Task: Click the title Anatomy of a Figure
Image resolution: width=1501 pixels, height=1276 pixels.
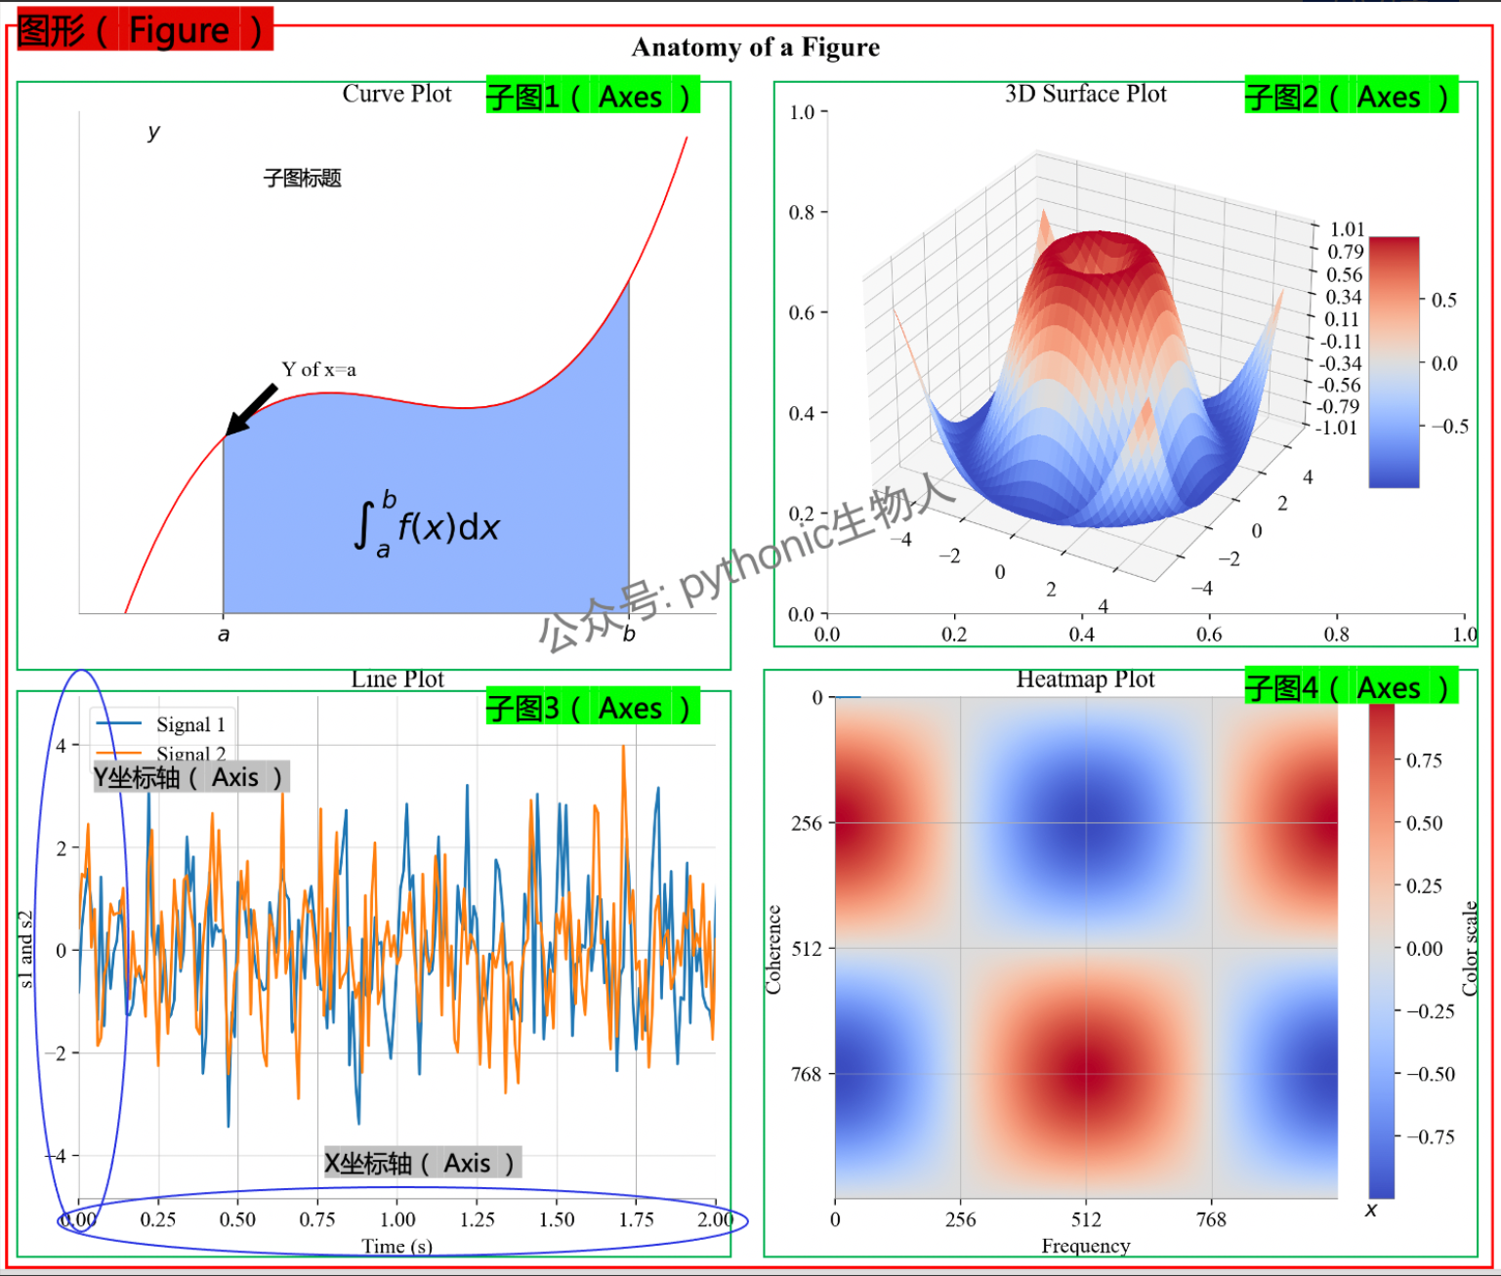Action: pyautogui.click(x=755, y=47)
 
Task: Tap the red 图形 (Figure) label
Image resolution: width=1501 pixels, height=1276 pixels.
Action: pyautogui.click(x=142, y=30)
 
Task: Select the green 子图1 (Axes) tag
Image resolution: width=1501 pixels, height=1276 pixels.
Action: pyautogui.click(x=592, y=97)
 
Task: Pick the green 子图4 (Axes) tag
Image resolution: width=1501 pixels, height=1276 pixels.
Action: pyautogui.click(x=1350, y=687)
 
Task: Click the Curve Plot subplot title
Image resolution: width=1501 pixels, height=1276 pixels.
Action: pyautogui.click(x=396, y=94)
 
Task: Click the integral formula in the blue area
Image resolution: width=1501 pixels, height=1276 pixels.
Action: pyautogui.click(x=427, y=524)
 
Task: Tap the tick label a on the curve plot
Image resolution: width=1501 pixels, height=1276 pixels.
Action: pyautogui.click(x=224, y=635)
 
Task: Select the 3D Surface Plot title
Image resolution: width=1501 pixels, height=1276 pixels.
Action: pyautogui.click(x=1085, y=94)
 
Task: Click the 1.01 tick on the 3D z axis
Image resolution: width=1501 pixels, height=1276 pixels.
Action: pyautogui.click(x=1347, y=229)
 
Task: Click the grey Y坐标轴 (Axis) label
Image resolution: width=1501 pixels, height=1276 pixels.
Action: pyautogui.click(x=190, y=777)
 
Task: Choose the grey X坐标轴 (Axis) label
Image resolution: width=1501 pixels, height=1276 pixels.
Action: pyautogui.click(x=421, y=1163)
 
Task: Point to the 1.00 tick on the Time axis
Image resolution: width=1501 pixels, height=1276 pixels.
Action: pyautogui.click(x=397, y=1219)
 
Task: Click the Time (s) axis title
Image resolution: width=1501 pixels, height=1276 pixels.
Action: pyautogui.click(x=396, y=1246)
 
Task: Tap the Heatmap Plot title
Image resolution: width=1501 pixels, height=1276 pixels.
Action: pyautogui.click(x=1085, y=679)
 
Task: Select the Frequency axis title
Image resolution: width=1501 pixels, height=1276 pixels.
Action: pyautogui.click(x=1085, y=1246)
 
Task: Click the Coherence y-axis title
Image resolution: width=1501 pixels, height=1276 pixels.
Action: pyautogui.click(x=773, y=949)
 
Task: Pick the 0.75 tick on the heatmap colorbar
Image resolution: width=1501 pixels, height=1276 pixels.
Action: pyautogui.click(x=1424, y=761)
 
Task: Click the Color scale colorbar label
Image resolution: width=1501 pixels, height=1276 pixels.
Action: pyautogui.click(x=1470, y=948)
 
